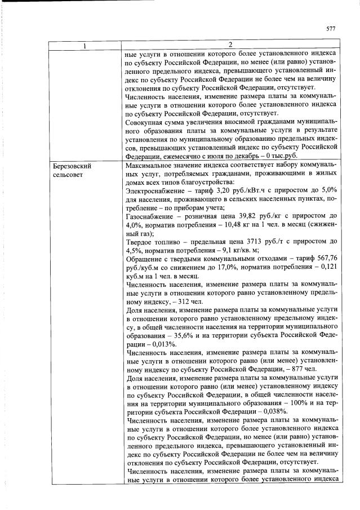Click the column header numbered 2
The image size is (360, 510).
(232, 45)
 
